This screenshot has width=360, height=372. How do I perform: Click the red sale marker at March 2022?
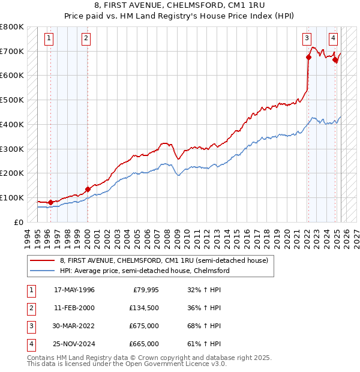[x=308, y=58]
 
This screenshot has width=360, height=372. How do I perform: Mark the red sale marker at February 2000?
[x=88, y=189]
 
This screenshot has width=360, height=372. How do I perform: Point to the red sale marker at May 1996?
[x=50, y=202]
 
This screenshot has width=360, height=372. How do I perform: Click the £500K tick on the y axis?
[x=12, y=100]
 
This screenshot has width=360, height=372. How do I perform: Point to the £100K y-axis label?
[x=12, y=197]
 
